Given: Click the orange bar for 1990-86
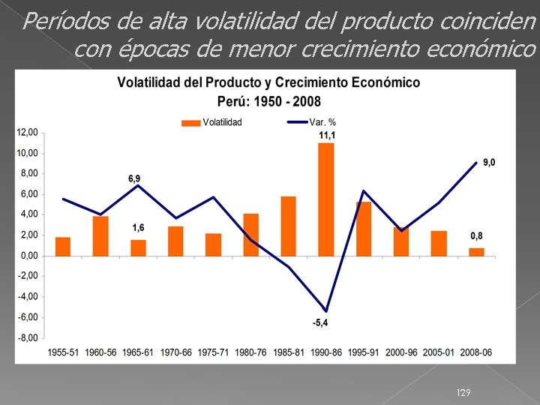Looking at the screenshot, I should [x=325, y=199].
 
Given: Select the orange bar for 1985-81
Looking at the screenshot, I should [x=288, y=226].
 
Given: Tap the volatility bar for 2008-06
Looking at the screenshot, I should [x=476, y=251].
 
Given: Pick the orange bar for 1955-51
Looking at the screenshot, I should [x=63, y=246].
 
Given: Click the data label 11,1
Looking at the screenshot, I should [x=326, y=135].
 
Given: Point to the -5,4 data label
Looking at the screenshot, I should [x=320, y=323].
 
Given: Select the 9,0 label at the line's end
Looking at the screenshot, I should [x=488, y=162].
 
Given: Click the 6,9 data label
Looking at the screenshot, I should [x=133, y=178].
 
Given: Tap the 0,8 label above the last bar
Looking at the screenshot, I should [x=476, y=236].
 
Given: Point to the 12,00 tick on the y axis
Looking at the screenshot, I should [x=28, y=133].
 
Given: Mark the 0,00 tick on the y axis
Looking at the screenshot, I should [x=28, y=256].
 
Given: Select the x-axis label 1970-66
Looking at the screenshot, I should [x=175, y=352].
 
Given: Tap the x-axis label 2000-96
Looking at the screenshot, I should [x=401, y=352].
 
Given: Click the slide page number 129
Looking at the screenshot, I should [x=464, y=393].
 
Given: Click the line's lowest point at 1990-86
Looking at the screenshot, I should [x=325, y=310].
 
